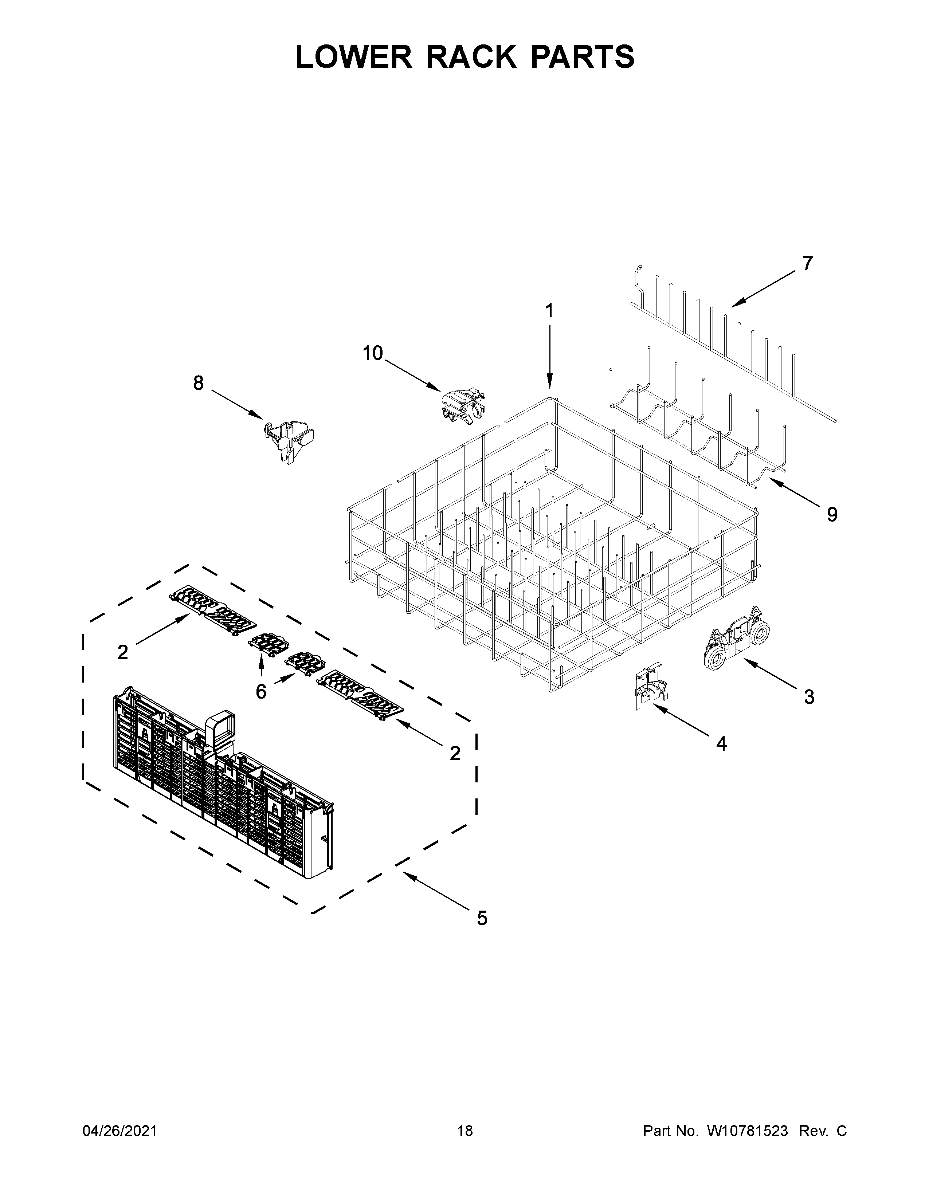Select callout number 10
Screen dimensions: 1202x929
coord(373,353)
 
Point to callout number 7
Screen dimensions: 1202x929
coord(807,264)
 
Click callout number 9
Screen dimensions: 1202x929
coord(832,515)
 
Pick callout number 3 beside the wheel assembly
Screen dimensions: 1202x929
coord(808,697)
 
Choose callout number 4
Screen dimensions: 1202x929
coord(721,744)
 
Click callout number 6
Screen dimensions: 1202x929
coord(261,692)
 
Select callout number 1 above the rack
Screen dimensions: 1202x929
coord(549,311)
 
